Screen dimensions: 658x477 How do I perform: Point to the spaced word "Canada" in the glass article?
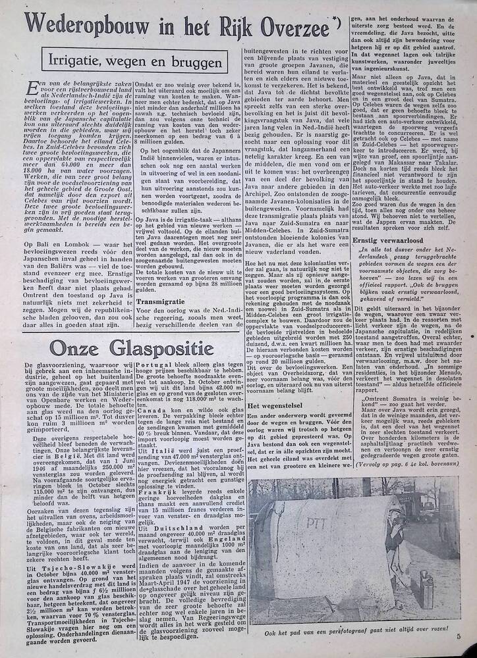(154, 428)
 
